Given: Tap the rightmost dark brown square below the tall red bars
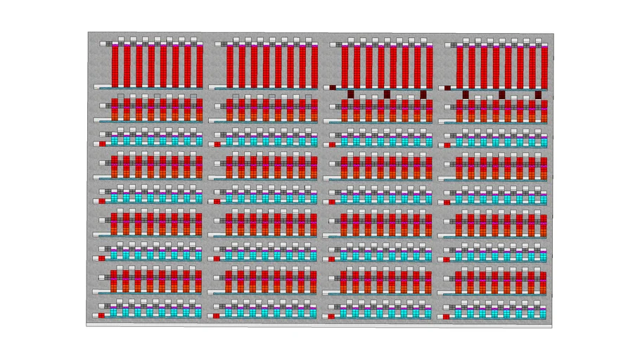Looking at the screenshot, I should tap(538, 94).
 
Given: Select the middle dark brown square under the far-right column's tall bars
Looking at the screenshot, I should tap(501, 94).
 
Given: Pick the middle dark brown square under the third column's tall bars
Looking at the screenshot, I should tap(387, 94).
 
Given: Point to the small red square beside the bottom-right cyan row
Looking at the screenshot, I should tap(445, 315).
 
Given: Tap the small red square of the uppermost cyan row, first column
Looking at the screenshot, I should tap(102, 143).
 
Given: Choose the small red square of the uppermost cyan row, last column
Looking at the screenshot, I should tap(445, 143).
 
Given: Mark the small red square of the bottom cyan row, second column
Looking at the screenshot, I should tap(217, 315).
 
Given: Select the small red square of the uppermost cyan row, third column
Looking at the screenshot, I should tap(331, 143).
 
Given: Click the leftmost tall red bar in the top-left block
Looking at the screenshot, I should tap(115, 65).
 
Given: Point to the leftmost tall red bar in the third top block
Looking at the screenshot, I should tap(345, 65).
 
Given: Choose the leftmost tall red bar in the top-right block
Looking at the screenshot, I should tap(459, 65).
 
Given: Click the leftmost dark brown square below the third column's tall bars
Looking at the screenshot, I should tap(350, 94).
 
